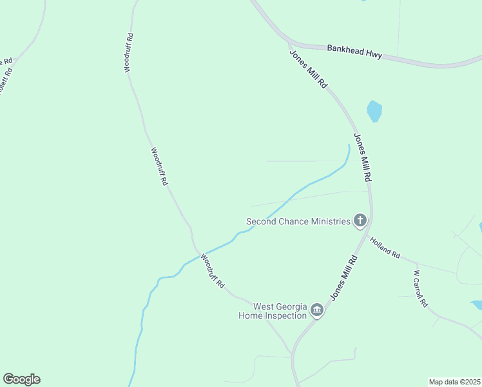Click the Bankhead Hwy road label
(354, 52)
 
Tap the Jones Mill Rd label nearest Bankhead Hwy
(309, 69)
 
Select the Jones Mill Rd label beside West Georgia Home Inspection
(344, 278)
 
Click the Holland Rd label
(385, 248)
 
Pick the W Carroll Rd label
(419, 288)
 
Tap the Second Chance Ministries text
(298, 221)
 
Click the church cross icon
(360, 221)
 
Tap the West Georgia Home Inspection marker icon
(317, 311)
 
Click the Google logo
(21, 379)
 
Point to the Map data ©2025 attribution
(454, 382)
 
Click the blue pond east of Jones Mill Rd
(374, 111)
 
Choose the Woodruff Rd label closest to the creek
(212, 271)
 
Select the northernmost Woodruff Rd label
(130, 52)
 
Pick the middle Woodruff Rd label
(159, 166)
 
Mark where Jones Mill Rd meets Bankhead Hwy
(289, 44)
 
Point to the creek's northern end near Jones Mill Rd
(349, 146)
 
